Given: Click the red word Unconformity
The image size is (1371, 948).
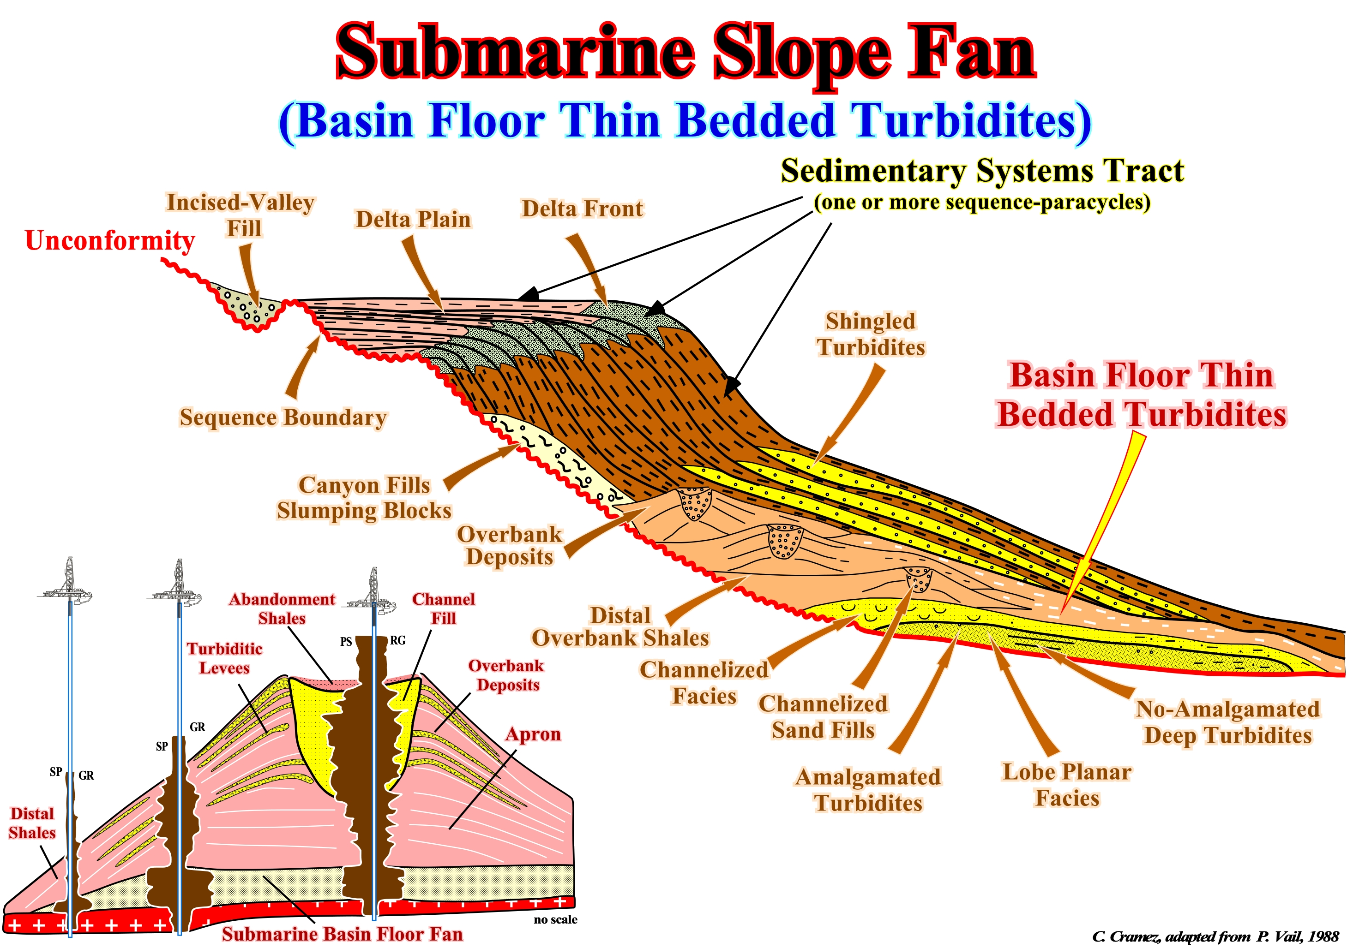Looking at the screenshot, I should [x=110, y=240].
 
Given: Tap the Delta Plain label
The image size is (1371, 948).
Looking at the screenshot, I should [x=413, y=219].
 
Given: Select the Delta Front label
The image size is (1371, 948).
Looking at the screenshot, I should [x=582, y=209].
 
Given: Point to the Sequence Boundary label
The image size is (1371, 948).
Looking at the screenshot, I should [x=283, y=417].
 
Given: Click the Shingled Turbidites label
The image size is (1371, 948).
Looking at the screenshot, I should [x=871, y=334].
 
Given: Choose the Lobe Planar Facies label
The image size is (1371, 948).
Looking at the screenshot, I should [x=1067, y=785].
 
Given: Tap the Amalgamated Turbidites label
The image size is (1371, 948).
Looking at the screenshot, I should [x=868, y=789].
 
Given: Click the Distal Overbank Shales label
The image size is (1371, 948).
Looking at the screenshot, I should [x=620, y=626].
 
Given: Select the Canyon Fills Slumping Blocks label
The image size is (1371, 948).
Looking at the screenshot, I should [x=364, y=498].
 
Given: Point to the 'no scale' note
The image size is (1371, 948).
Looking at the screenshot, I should [x=555, y=919].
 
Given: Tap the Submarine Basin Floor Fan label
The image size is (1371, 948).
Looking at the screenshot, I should [x=342, y=934].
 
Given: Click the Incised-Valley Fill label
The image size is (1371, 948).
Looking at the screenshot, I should [x=241, y=215].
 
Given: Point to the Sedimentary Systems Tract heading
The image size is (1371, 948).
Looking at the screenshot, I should [x=982, y=171].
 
